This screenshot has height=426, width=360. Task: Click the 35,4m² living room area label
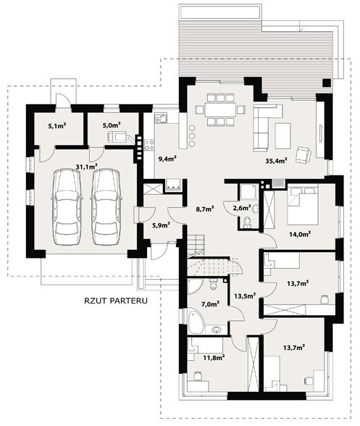coord(276,161)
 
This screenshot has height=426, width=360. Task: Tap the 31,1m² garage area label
coord(87,167)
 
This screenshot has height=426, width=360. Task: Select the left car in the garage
coord(67,206)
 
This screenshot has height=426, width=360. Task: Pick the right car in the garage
coord(106,206)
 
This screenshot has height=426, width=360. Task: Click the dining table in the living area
coord(220,109)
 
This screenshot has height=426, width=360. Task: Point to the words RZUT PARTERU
coord(116,301)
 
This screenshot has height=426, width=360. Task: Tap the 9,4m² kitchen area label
coord(167,158)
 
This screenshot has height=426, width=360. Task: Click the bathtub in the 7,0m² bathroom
coord(196,322)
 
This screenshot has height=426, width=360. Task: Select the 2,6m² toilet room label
coord(242,208)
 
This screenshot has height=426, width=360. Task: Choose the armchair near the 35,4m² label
coord(304,154)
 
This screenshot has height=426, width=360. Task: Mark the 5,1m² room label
coord(57,125)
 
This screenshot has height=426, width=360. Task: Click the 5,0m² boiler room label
coord(112,125)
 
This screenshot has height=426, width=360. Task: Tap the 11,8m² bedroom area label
coord(214,357)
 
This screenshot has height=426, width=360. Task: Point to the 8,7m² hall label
coord(205,209)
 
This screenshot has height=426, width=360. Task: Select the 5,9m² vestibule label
coord(161,225)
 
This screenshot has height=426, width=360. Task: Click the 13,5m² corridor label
coord(245,296)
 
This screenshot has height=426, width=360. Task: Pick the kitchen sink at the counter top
coord(161,118)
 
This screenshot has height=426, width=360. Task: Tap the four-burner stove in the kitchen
coord(149,145)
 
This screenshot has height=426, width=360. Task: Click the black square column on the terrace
coord(327,83)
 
